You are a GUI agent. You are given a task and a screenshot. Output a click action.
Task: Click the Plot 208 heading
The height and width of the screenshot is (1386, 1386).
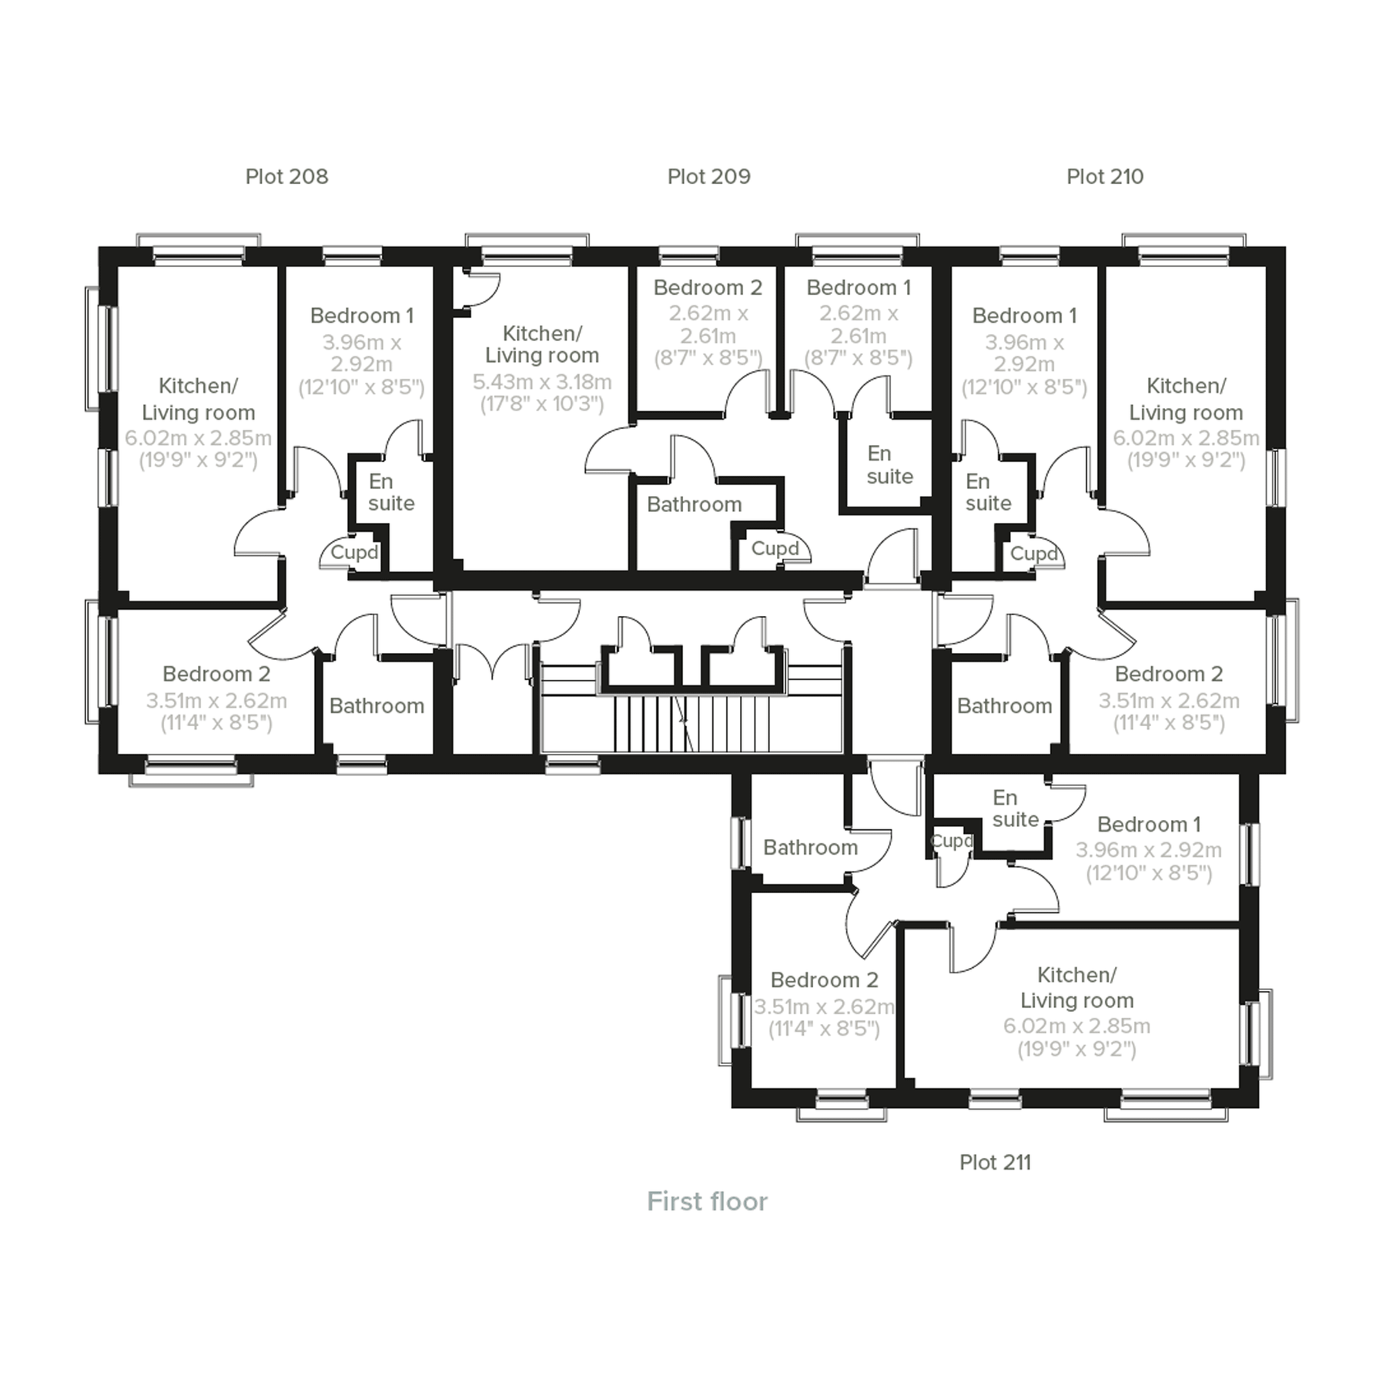coord(286,176)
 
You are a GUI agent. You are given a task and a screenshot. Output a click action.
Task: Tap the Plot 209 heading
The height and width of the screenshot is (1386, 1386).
coord(708,176)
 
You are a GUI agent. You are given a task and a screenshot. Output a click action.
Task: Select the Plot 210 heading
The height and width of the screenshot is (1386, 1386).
coord(1104,176)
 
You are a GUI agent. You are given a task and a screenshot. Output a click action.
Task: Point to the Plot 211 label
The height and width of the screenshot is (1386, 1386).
coord(995,1162)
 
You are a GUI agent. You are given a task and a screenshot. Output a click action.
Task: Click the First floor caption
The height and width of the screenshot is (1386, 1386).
coord(707,1201)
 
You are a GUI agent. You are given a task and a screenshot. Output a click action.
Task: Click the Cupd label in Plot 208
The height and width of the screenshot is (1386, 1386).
coord(354,552)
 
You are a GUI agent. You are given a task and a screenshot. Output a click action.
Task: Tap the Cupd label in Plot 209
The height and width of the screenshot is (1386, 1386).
coord(775,548)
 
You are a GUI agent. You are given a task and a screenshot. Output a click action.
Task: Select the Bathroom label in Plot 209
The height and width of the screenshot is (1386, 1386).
coord(694,504)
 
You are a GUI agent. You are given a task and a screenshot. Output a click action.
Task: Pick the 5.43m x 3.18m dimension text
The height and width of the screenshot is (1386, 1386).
coord(541,382)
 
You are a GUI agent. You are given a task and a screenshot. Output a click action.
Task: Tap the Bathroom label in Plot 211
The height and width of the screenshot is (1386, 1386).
coord(810,847)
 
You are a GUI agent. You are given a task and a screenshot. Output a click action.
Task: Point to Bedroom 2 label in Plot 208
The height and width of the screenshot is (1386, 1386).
coord(216,674)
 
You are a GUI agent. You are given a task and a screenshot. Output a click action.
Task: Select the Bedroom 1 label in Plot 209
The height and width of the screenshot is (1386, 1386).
coord(859,288)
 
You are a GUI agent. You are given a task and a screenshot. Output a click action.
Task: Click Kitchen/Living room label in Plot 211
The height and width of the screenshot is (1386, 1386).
coord(1076,987)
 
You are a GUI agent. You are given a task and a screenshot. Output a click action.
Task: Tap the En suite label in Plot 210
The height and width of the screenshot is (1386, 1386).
coord(988,492)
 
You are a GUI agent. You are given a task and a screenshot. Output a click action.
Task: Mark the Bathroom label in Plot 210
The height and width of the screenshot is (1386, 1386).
coord(1004,706)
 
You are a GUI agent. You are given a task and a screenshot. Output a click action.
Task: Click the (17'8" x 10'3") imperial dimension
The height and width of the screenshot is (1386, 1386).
coord(541,404)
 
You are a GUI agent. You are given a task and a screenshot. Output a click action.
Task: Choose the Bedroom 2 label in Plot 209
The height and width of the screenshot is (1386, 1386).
coord(708,288)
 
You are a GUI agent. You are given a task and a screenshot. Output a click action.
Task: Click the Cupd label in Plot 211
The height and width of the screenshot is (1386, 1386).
coord(952,842)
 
